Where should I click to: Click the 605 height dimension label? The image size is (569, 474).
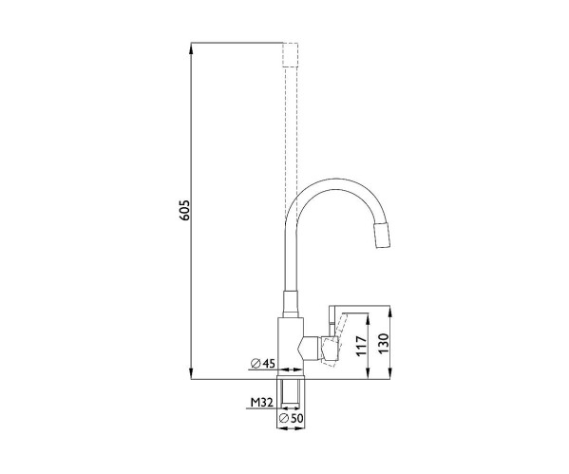184,210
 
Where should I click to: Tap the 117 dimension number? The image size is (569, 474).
361,346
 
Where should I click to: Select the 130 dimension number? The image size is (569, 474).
383,343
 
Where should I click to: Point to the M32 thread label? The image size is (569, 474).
261,402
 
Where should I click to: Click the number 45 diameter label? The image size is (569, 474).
269,363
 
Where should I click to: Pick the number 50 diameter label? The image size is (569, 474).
296,419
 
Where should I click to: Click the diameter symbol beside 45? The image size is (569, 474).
256,363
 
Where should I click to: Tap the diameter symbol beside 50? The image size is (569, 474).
284,419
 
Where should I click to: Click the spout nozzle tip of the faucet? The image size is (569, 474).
383,236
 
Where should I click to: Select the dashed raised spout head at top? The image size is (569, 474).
291,55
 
